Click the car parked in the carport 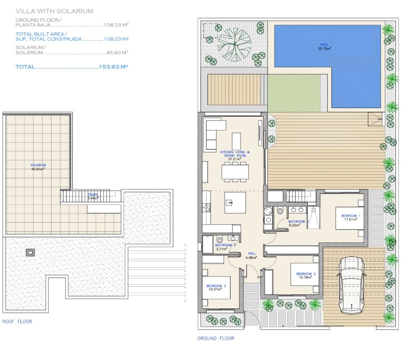click(350, 285)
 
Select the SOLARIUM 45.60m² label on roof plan click(38, 167)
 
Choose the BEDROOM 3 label click(216, 287)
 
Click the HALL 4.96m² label click(252, 255)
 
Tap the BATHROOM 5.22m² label click(296, 223)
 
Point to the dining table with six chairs click(235, 172)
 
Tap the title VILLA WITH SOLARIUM click(54, 11)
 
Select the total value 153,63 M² click(114, 66)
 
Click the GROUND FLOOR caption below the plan click(216, 338)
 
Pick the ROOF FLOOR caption click(17, 321)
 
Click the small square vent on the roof click(31, 253)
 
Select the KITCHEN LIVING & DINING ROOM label click(235, 154)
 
